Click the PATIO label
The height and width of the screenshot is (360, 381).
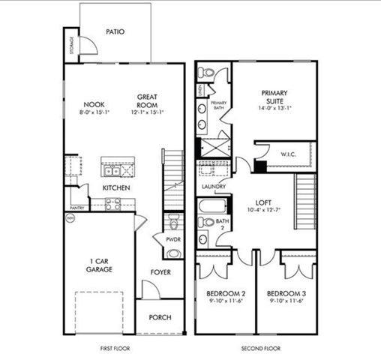[x=115, y=32]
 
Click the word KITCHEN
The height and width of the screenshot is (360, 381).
[x=116, y=187]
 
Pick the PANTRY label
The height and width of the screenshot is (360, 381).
[x=76, y=207]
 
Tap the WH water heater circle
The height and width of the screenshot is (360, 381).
[x=72, y=218]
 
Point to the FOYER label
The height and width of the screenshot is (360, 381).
[x=160, y=272]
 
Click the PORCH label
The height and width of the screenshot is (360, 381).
[x=160, y=317]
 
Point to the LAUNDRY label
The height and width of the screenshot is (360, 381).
[x=214, y=187]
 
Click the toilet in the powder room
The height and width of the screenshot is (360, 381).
[x=174, y=223]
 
